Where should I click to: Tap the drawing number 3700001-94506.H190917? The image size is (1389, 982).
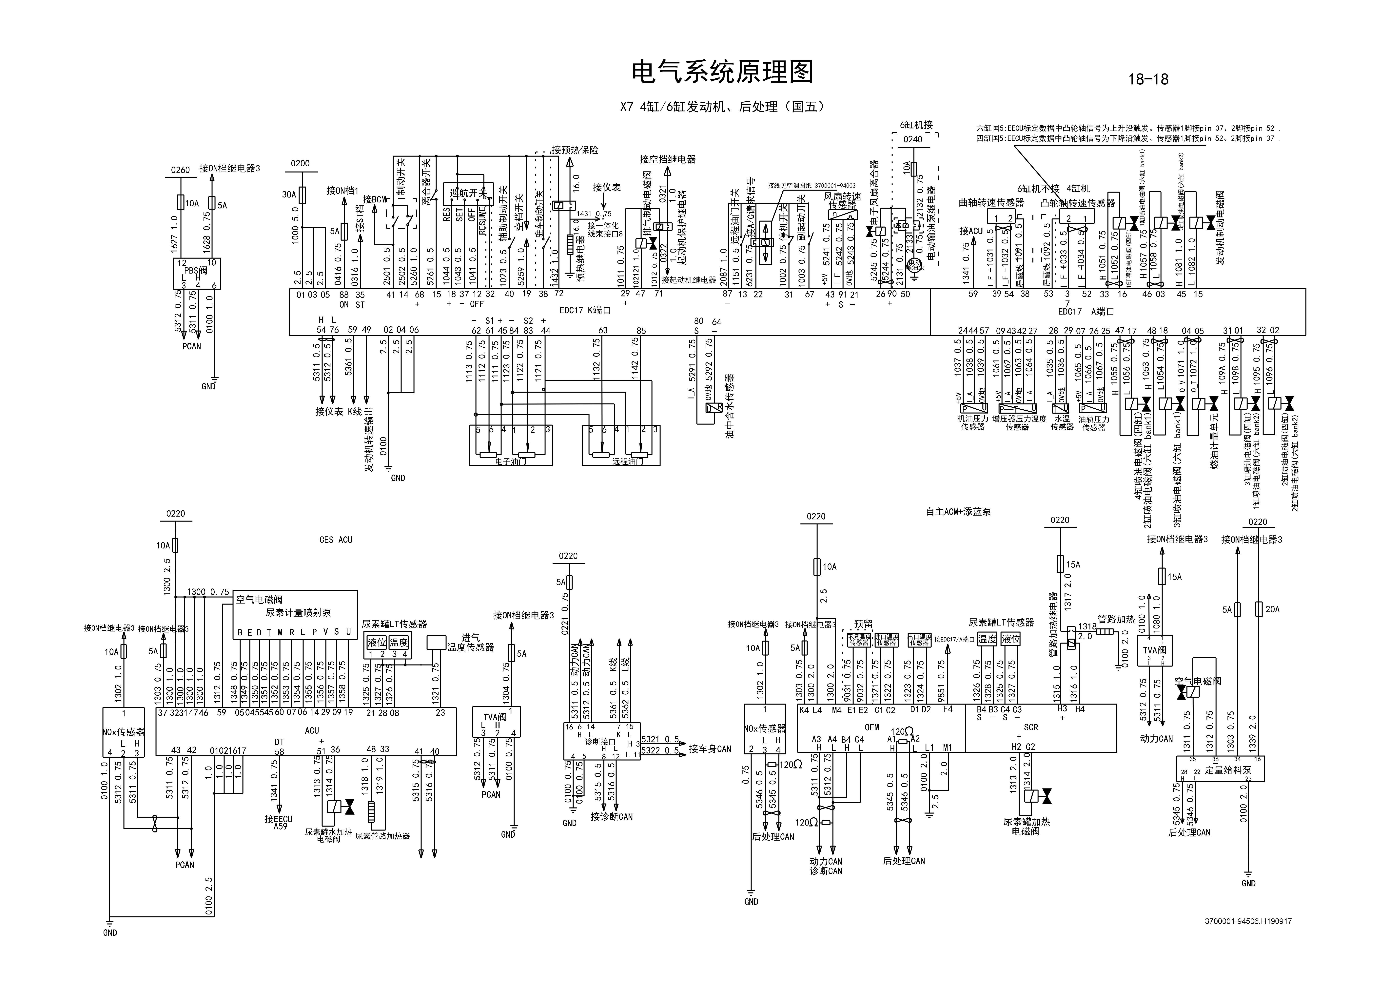tap(1247, 922)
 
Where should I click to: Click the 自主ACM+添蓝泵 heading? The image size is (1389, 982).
tap(958, 511)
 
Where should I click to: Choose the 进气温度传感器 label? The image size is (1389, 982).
tap(470, 643)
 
